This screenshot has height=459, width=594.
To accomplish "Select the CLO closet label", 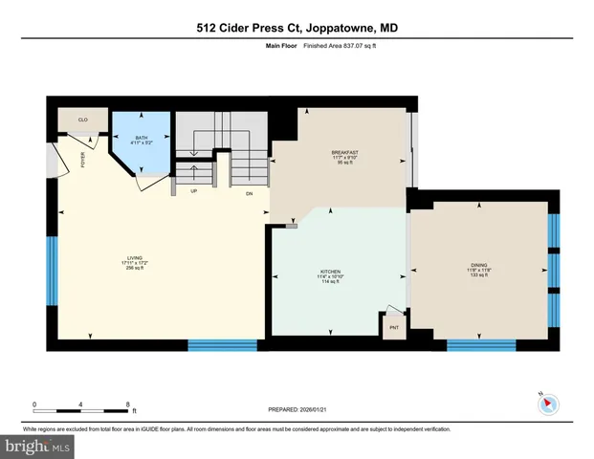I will point(83,120).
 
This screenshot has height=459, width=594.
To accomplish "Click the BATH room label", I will point(141,139).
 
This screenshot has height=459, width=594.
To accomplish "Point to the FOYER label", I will point(82,160).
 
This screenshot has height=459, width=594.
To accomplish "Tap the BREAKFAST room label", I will point(344,153).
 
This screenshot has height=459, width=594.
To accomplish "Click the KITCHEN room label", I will point(331,272).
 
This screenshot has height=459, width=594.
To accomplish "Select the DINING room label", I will point(478,267).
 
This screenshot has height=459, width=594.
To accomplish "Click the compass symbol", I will point(548,403).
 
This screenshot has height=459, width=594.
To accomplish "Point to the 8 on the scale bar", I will point(128,404).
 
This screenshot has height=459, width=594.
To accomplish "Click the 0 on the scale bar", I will point(34,404).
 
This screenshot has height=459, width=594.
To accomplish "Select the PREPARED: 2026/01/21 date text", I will point(297,409).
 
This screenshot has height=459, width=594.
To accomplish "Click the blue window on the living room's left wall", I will point(52,272).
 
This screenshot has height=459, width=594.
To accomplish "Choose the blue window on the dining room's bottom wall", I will point(474,344).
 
